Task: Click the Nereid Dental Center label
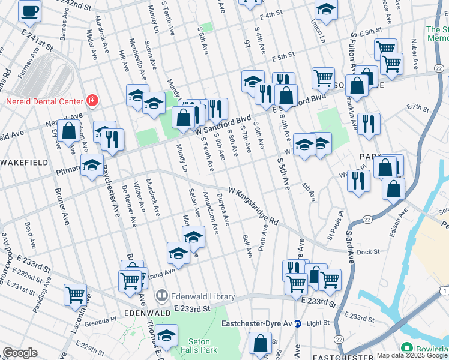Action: (42, 100)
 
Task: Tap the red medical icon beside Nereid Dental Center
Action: (92, 100)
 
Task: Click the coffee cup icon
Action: (30, 10)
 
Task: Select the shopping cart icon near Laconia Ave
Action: (75, 294)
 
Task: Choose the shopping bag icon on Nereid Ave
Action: (70, 130)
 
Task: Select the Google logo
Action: (20, 353)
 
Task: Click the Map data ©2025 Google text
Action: (412, 355)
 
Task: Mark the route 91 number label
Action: (246, 44)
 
